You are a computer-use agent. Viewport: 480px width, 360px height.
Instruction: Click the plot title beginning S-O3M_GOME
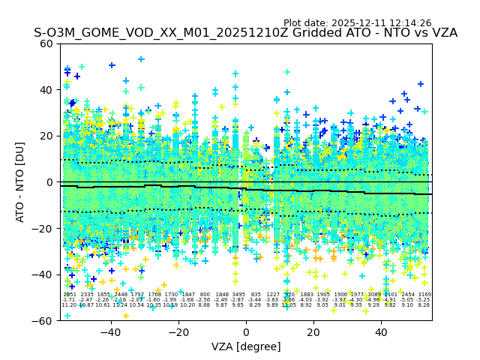point(245,33)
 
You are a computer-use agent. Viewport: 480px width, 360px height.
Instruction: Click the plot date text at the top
point(357,23)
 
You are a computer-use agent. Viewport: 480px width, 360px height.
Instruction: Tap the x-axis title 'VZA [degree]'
point(246,346)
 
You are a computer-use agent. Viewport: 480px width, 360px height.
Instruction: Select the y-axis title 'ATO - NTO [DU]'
point(20,182)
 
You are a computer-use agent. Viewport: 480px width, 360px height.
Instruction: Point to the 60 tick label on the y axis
point(46,43)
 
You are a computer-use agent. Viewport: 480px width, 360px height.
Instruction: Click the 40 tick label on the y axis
point(46,90)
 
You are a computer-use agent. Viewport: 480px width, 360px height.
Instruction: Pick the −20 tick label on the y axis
point(43,229)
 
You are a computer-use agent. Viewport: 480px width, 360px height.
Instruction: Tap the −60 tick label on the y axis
point(43,321)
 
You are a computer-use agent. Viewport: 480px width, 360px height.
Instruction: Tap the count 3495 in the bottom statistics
point(238,295)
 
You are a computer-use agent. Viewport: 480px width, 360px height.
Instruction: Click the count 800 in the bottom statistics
point(205,295)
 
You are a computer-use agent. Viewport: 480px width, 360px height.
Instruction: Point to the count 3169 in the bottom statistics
point(424,295)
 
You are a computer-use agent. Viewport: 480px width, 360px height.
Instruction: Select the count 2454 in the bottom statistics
point(407,295)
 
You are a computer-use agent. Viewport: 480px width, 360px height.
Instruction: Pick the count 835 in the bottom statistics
point(256,295)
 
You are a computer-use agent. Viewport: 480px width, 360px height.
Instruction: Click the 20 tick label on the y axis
point(46,136)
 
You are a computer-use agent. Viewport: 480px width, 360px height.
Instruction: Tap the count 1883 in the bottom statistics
point(306,295)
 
